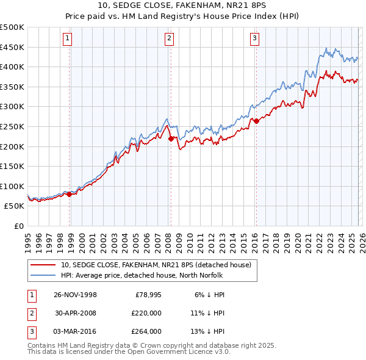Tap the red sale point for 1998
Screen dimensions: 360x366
(70, 194)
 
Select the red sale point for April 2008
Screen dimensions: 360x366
(171, 139)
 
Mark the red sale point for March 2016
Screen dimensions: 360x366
(256, 121)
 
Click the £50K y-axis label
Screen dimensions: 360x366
(15, 206)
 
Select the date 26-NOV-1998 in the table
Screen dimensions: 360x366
(76, 294)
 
